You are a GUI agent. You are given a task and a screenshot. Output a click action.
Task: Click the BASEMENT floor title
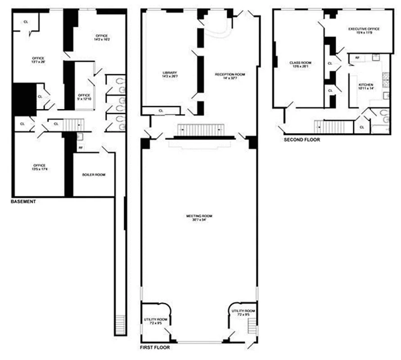click(x=23, y=202)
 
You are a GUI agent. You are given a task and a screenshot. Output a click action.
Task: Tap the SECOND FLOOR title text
click(x=302, y=139)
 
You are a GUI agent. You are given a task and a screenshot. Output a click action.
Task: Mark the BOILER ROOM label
click(x=94, y=175)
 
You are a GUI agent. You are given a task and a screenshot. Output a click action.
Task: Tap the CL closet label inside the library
click(x=161, y=110)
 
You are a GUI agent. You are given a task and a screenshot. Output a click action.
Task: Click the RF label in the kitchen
click(x=357, y=58)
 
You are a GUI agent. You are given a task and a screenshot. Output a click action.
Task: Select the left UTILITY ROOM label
click(x=153, y=320)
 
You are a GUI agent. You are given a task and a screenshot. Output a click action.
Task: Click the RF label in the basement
click(x=81, y=147)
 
